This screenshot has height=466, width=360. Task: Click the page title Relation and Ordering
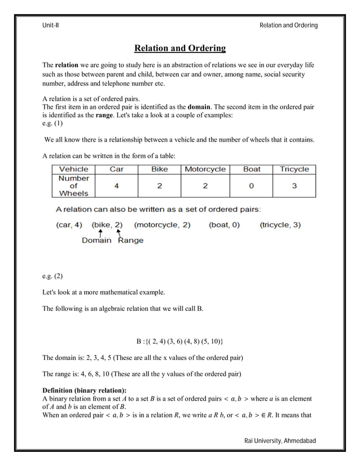(x=179, y=49)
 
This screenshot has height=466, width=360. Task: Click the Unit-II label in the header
(x=51, y=25)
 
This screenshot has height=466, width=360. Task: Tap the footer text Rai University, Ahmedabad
(x=280, y=440)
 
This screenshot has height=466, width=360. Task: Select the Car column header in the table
(x=116, y=169)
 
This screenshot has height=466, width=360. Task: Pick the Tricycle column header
(x=294, y=169)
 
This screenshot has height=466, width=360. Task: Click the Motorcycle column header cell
(x=205, y=169)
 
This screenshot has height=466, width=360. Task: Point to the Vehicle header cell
(x=74, y=169)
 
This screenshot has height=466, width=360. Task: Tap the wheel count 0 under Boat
(x=251, y=186)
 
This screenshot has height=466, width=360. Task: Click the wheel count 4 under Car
(x=116, y=186)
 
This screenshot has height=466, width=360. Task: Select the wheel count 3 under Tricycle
(x=294, y=186)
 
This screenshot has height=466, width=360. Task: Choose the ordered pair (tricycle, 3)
(x=280, y=225)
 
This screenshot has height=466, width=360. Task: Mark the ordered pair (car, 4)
(x=69, y=225)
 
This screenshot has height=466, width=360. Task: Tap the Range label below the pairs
(x=130, y=240)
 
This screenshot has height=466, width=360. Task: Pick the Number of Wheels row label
(x=74, y=186)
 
